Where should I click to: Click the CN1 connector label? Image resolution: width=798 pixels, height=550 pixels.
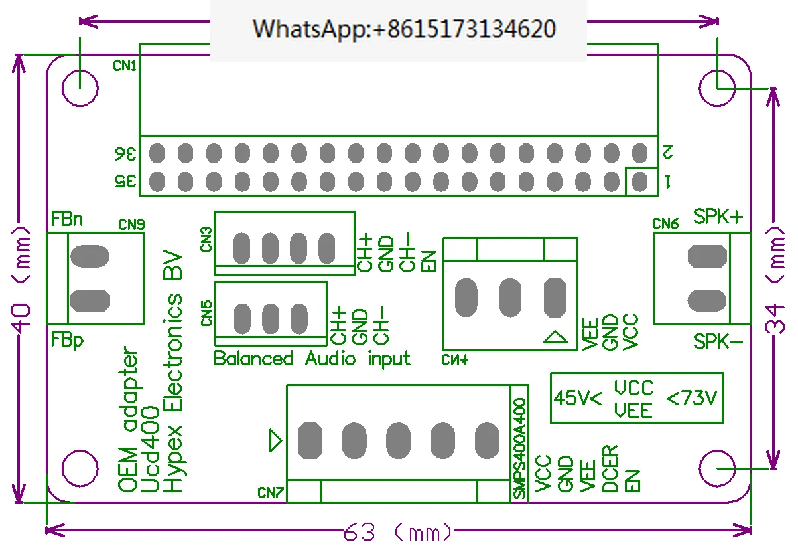[124, 66]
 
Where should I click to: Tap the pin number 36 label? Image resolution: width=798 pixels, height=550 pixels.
[125, 154]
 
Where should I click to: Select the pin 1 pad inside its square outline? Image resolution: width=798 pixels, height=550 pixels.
[639, 181]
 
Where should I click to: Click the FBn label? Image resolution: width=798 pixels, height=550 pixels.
[66, 219]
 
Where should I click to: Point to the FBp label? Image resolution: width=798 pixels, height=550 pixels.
[67, 340]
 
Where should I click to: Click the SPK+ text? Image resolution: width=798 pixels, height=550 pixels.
[718, 216]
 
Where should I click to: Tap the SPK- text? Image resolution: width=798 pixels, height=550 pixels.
[718, 341]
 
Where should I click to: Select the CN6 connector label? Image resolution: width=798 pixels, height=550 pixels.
[665, 223]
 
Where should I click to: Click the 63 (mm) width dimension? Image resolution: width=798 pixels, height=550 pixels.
[397, 533]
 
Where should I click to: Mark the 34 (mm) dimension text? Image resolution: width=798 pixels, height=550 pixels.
[775, 280]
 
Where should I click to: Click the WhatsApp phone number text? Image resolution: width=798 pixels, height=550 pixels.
[404, 29]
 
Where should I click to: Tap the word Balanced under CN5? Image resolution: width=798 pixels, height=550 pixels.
[253, 358]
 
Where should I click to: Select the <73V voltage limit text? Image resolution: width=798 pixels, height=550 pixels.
[691, 398]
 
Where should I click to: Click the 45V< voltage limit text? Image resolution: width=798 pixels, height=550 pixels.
[578, 398]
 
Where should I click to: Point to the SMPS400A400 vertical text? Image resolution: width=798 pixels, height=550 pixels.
[519, 448]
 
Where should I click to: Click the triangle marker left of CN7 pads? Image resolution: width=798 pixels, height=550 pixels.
[275, 440]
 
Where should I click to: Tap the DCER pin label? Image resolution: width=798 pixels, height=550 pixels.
[610, 469]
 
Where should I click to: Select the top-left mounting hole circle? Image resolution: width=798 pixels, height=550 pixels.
[80, 88]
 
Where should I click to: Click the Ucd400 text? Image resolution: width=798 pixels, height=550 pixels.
[150, 449]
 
